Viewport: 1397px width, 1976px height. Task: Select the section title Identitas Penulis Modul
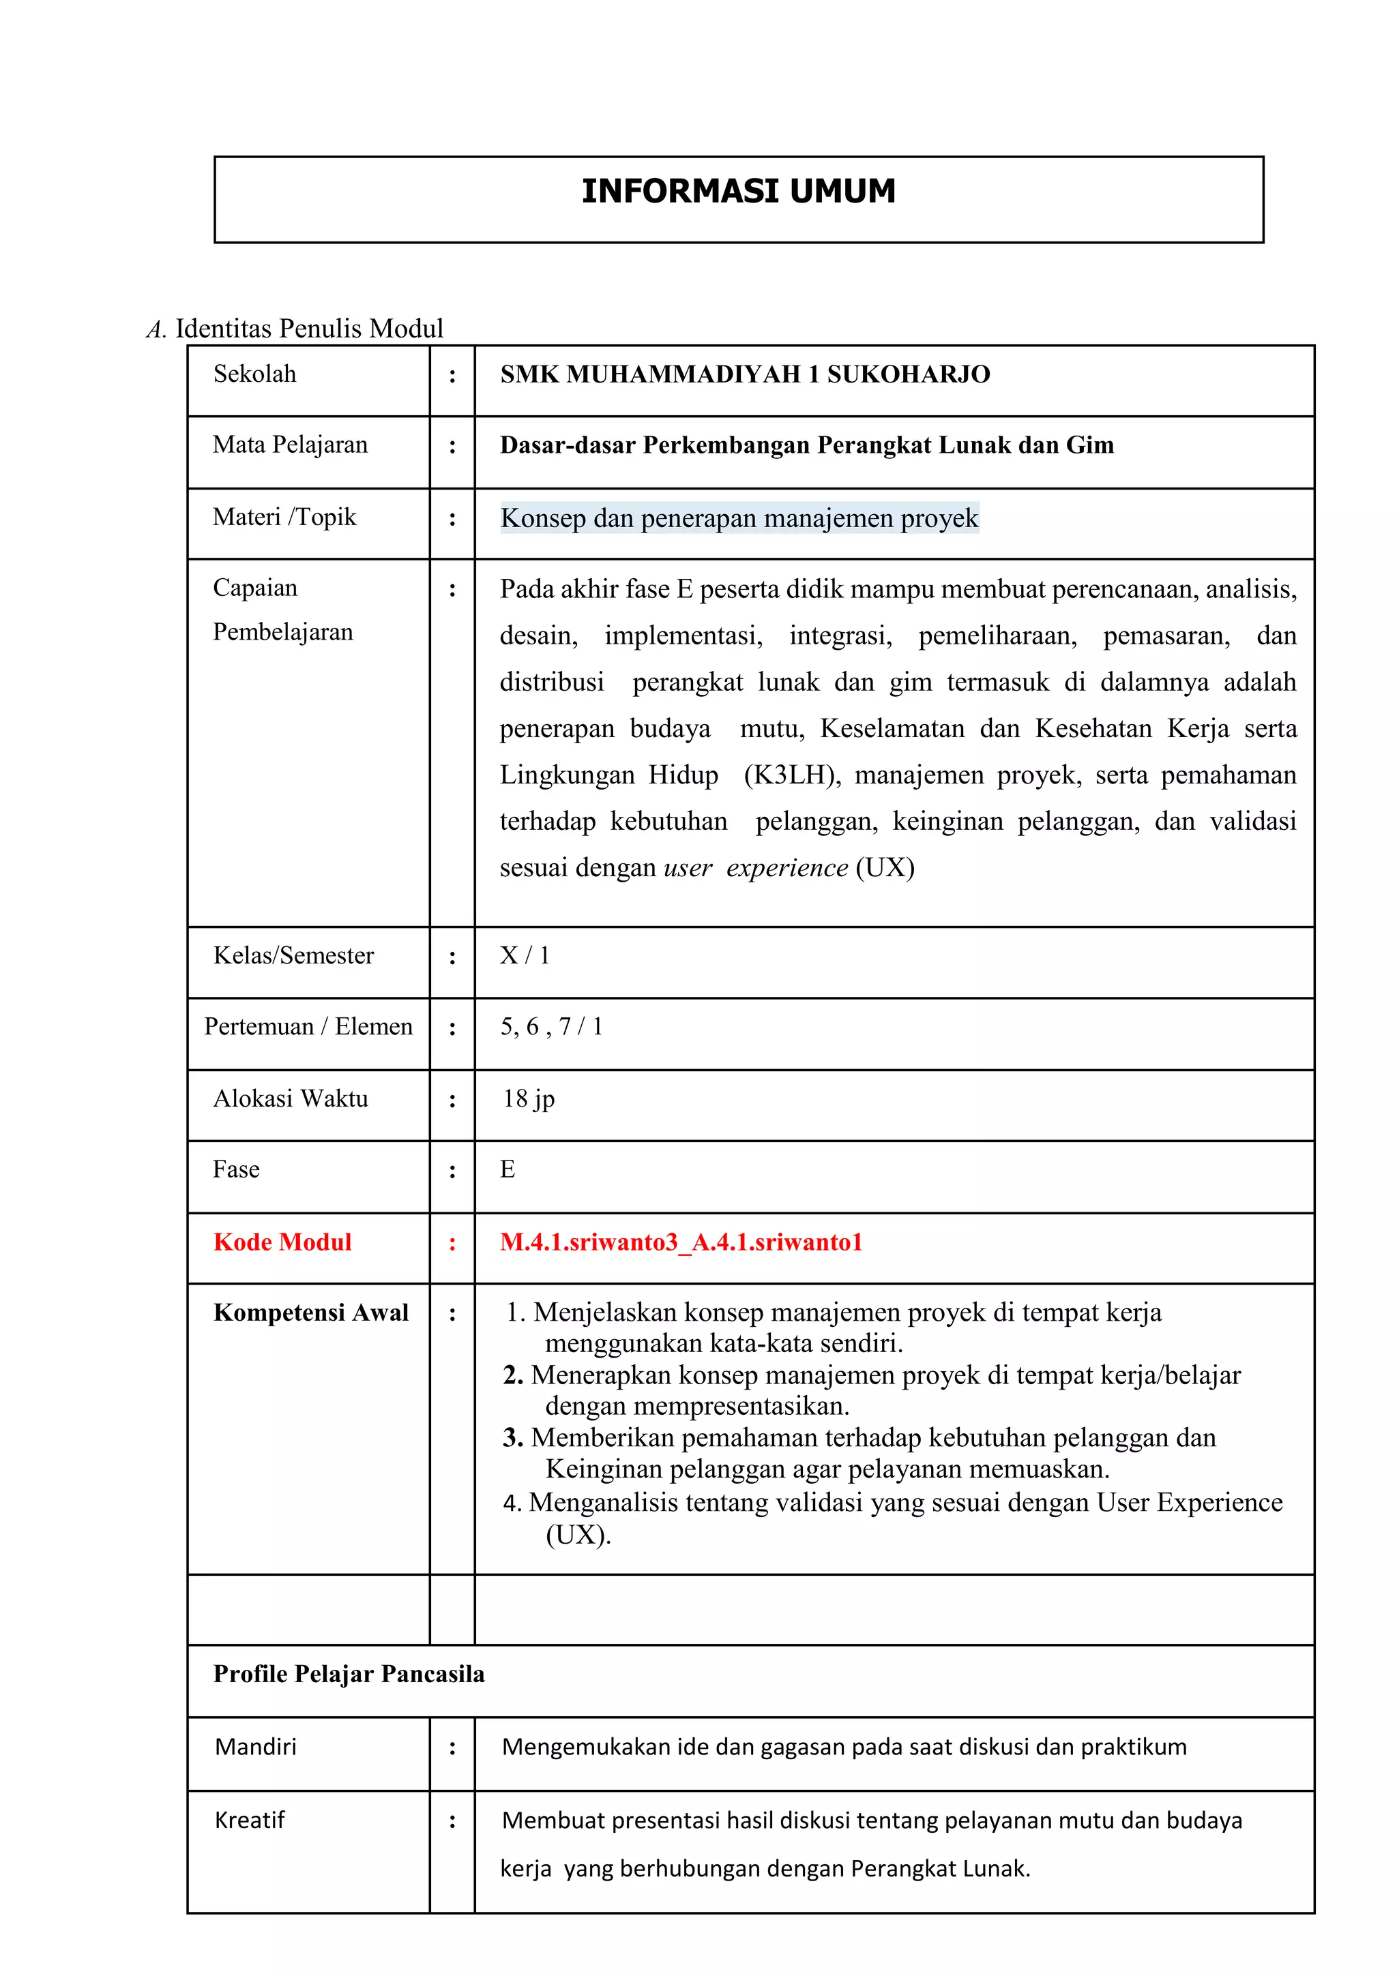coord(309,329)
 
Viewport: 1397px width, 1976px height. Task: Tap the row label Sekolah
coord(255,374)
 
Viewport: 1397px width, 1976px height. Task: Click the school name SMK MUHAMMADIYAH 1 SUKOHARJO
coord(745,374)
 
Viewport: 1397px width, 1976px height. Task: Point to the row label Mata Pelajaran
coord(290,445)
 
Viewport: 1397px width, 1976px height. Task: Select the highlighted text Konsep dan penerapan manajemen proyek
coord(739,518)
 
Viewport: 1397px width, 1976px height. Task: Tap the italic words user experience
coord(755,867)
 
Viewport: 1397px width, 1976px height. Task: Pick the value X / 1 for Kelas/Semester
coord(524,955)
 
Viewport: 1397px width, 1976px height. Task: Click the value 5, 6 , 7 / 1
coord(551,1027)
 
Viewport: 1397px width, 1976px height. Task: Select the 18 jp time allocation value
coord(529,1099)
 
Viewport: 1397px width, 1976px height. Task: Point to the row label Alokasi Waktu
coord(290,1099)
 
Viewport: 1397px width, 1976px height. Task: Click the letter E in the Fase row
coord(507,1169)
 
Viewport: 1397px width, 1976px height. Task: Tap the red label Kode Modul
coord(282,1242)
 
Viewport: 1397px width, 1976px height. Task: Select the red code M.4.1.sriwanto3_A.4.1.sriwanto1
coord(681,1242)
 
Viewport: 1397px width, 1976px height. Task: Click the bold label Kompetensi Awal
coord(311,1313)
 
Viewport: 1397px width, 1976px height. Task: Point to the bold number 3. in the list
coord(513,1437)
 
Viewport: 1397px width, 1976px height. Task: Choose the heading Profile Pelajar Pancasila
coord(349,1674)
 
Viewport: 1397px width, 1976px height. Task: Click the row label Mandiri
coord(256,1746)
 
